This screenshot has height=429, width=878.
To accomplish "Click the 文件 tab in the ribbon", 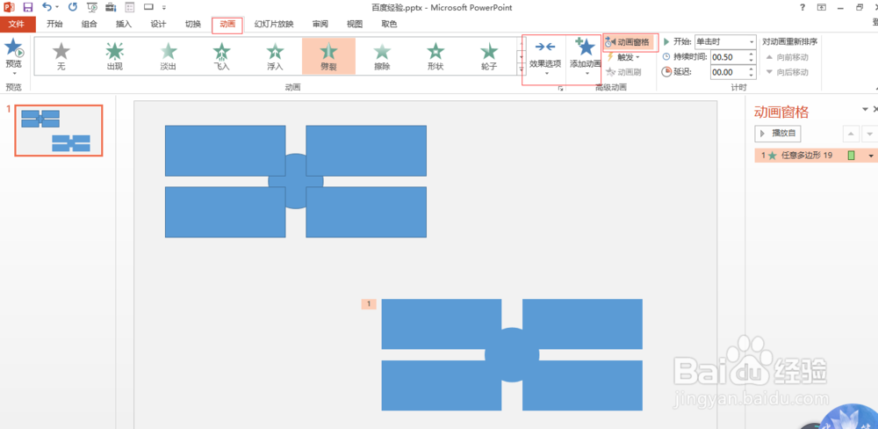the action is [x=17, y=25].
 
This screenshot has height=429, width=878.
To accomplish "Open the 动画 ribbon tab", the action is [x=227, y=25].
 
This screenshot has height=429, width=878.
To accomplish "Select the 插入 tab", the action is [x=123, y=25].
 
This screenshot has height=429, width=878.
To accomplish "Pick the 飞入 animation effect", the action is [x=221, y=56].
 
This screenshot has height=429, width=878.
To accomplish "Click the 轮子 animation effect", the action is [x=489, y=56].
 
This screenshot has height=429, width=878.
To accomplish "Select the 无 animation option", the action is [x=61, y=56].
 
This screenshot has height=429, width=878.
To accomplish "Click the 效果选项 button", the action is [x=544, y=56].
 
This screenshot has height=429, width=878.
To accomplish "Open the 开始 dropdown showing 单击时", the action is [x=724, y=42].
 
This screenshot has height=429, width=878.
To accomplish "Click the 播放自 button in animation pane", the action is [x=778, y=134].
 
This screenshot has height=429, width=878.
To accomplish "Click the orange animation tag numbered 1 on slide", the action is [x=370, y=304].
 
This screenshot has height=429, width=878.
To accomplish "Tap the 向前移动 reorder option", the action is [x=787, y=57].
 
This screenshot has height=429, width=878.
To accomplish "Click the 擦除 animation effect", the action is [x=382, y=56].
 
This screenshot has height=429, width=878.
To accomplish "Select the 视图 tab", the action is [x=354, y=25].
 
